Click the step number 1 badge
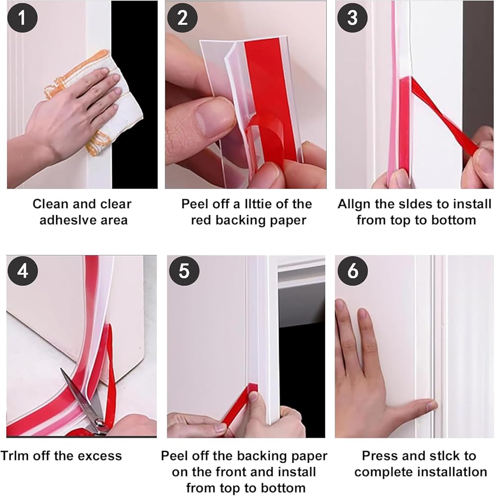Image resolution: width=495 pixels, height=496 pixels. coord(22,17)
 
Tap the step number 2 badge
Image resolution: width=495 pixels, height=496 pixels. coord(182,17)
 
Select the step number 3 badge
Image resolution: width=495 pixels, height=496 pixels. coord(352,17)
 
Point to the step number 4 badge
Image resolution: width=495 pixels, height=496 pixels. coord(22,271)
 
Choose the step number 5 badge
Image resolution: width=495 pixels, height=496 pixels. coord(184,271)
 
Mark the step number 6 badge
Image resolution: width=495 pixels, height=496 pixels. coord(353,271)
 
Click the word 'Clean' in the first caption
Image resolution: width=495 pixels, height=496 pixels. coord(51,204)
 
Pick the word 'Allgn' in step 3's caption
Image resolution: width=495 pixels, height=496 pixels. coord(354,204)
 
